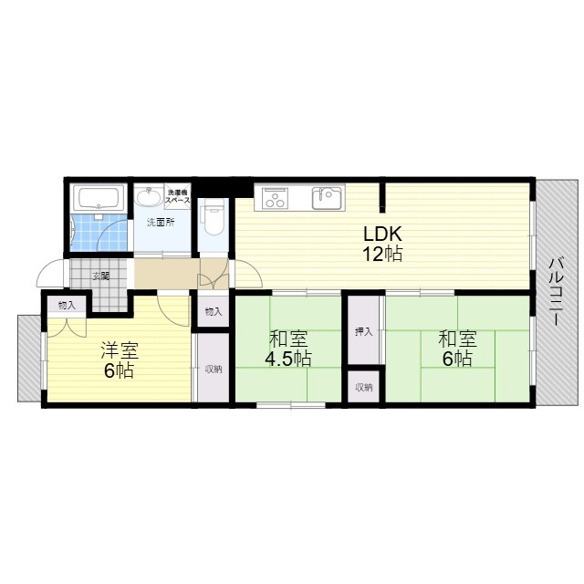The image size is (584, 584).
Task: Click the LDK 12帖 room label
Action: coord(382,244)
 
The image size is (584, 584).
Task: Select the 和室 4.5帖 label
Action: coord(288,349)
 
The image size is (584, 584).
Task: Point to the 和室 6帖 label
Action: coord(457,349)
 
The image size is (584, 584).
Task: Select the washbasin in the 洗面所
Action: coord(149,196)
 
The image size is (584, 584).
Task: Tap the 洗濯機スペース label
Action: coord(178,196)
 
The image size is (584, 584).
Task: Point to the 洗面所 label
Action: coord(161,223)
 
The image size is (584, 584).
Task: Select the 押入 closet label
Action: coord(364,332)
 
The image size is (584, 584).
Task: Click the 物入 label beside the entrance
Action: coord(67,306)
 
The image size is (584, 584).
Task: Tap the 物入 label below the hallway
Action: coord(214,312)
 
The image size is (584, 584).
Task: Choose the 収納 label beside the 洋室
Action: coord(214,370)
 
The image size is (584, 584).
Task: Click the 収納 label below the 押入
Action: coord(364,387)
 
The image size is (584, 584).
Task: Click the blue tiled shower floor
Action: coord(99,233)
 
